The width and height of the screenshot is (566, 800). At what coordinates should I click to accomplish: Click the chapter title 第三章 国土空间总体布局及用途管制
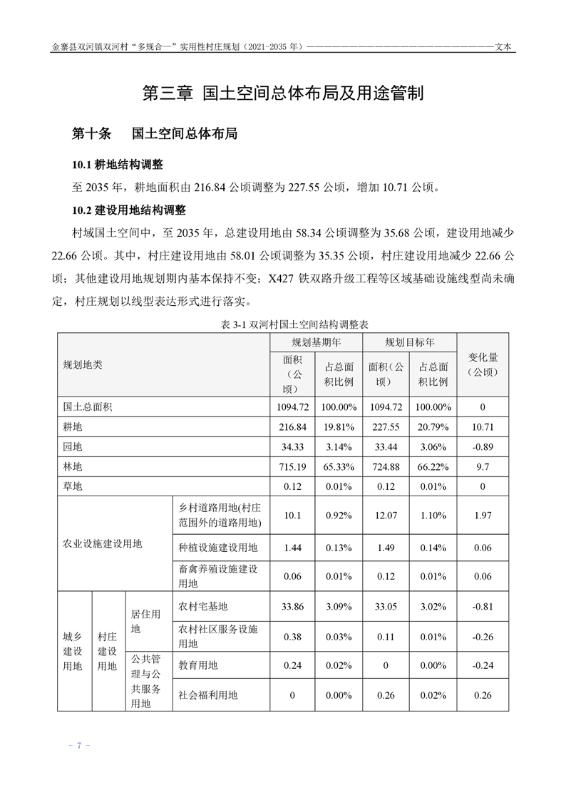(x=283, y=93)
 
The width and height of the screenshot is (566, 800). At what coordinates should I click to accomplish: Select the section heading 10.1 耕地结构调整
(x=118, y=165)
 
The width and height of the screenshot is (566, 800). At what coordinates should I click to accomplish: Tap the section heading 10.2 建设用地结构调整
(x=128, y=210)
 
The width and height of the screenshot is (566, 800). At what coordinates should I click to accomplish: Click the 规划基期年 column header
(x=316, y=342)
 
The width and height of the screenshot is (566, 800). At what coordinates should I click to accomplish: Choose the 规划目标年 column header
(x=410, y=342)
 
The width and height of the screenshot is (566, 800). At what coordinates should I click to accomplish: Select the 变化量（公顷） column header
(x=483, y=364)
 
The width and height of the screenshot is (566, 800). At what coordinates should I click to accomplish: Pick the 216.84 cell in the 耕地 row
(x=292, y=427)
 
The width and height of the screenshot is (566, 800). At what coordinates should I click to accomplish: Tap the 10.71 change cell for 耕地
(x=483, y=427)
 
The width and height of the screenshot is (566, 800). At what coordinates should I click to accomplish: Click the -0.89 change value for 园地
(x=483, y=447)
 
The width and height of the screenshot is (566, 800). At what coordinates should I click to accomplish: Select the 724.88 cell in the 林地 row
(x=386, y=467)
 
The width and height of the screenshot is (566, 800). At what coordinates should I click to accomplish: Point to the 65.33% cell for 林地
(x=339, y=467)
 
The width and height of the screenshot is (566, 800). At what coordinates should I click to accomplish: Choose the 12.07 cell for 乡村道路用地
(x=386, y=515)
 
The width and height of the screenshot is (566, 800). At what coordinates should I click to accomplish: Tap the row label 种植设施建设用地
(x=218, y=548)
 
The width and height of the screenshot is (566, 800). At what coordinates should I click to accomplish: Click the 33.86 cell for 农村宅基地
(x=292, y=607)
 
